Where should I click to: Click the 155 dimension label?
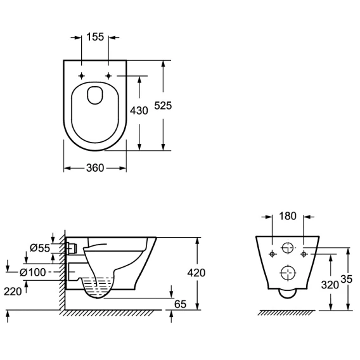click(x=95, y=37)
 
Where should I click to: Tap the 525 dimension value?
click(x=163, y=106)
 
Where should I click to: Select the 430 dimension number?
click(x=139, y=111)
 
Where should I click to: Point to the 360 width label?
click(x=95, y=168)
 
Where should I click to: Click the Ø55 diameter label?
click(x=40, y=248)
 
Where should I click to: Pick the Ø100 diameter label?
click(x=33, y=273)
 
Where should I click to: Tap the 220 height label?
click(x=13, y=292)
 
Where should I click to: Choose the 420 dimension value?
click(x=196, y=273)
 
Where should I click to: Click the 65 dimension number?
click(x=180, y=304)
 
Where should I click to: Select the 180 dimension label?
click(x=288, y=216)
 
